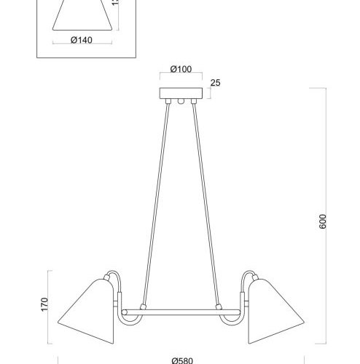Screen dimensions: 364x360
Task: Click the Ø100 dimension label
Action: coord(180,69)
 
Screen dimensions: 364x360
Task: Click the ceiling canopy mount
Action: coord(180,95)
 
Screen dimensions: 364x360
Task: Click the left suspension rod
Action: coord(155,204)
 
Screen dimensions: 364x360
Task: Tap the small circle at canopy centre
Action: coord(180,102)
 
